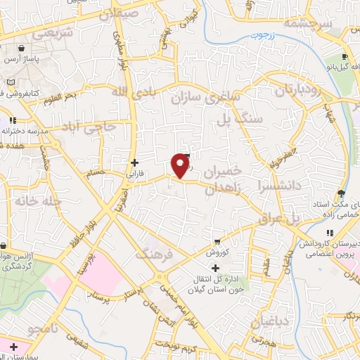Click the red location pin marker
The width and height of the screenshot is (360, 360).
(181, 165)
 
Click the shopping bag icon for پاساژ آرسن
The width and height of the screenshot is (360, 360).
(23, 49)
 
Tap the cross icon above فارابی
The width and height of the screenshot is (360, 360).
(134, 162)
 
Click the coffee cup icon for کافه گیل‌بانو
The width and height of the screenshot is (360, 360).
(344, 57)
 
